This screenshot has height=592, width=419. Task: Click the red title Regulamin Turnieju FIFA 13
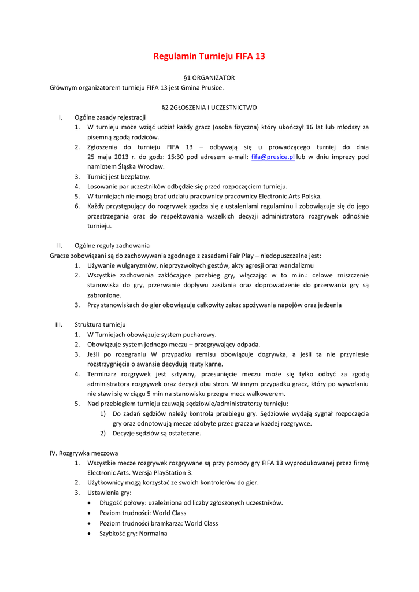click(x=209, y=57)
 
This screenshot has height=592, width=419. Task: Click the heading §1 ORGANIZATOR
click(x=209, y=77)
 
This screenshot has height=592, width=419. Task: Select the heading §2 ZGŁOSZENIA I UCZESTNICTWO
click(x=209, y=108)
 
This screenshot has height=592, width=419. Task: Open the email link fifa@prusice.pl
click(x=273, y=157)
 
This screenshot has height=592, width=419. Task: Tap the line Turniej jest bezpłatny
click(x=118, y=177)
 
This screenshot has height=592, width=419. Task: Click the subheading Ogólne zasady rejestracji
click(x=110, y=117)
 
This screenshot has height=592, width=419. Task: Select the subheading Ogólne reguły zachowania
click(x=112, y=245)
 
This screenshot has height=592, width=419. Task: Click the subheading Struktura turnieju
click(x=100, y=324)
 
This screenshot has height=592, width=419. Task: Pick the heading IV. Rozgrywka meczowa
click(x=84, y=453)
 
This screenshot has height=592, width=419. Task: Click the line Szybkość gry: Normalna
click(x=133, y=534)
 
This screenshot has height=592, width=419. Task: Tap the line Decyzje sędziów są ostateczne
click(x=157, y=433)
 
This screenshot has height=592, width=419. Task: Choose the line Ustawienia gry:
click(x=109, y=493)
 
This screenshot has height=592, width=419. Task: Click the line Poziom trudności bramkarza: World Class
click(x=158, y=523)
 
